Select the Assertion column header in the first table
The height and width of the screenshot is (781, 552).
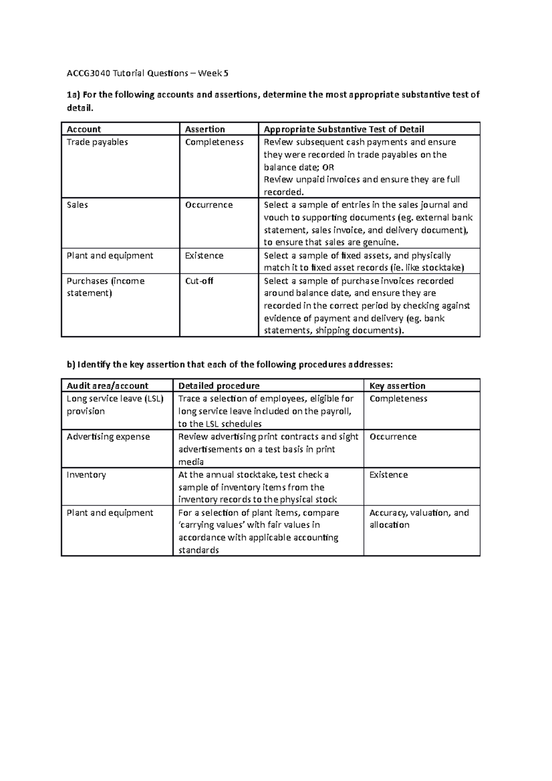(205, 129)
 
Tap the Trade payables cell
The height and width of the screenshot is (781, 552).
(97, 142)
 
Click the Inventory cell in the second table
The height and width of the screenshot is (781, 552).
(86, 475)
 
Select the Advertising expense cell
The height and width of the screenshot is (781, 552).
(108, 436)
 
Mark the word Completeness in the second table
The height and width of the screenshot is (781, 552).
(398, 399)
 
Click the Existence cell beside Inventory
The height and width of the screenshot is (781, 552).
(388, 475)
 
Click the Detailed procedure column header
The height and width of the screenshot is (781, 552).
(218, 386)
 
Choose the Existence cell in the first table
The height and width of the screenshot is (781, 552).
(204, 256)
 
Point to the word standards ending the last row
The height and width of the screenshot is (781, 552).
(198, 551)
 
